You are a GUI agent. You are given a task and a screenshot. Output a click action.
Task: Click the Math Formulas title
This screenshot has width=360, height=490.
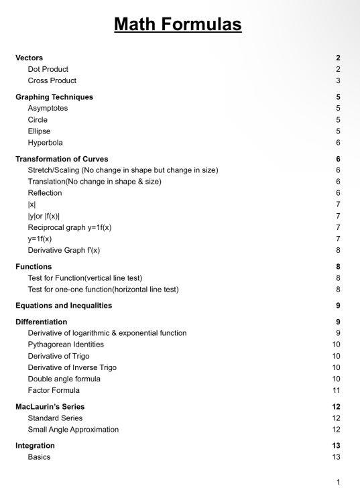click(178, 25)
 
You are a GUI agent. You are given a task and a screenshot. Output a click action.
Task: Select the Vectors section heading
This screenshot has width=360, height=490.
click(30, 58)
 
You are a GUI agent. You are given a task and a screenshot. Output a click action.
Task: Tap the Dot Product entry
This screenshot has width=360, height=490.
click(48, 69)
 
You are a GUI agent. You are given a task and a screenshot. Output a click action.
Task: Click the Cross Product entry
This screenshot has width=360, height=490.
click(52, 80)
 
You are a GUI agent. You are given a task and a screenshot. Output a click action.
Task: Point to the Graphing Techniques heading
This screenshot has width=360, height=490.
click(54, 97)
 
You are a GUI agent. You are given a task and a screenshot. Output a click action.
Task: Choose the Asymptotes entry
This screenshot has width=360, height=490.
click(48, 109)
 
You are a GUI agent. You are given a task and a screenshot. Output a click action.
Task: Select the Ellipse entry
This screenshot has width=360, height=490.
click(39, 131)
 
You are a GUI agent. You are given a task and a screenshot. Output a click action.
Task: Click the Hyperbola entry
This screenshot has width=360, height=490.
click(45, 143)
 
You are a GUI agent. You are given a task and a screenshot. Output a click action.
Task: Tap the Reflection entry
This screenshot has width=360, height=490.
click(44, 193)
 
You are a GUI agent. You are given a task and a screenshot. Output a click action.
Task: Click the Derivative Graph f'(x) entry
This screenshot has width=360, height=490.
click(64, 250)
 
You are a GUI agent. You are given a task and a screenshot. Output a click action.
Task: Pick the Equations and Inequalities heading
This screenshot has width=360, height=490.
click(64, 306)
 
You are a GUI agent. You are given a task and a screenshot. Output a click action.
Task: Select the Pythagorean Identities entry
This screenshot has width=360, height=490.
click(66, 345)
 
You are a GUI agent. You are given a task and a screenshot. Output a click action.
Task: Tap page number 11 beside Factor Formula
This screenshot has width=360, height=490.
click(337, 390)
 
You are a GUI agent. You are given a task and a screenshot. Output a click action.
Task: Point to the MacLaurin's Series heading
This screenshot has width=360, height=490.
click(50, 407)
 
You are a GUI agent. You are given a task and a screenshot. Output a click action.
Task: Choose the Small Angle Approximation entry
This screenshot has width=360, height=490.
click(73, 430)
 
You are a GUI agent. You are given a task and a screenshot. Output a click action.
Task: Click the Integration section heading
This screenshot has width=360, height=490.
click(35, 446)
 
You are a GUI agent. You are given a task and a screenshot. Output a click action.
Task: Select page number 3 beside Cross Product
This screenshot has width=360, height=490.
click(339, 80)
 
